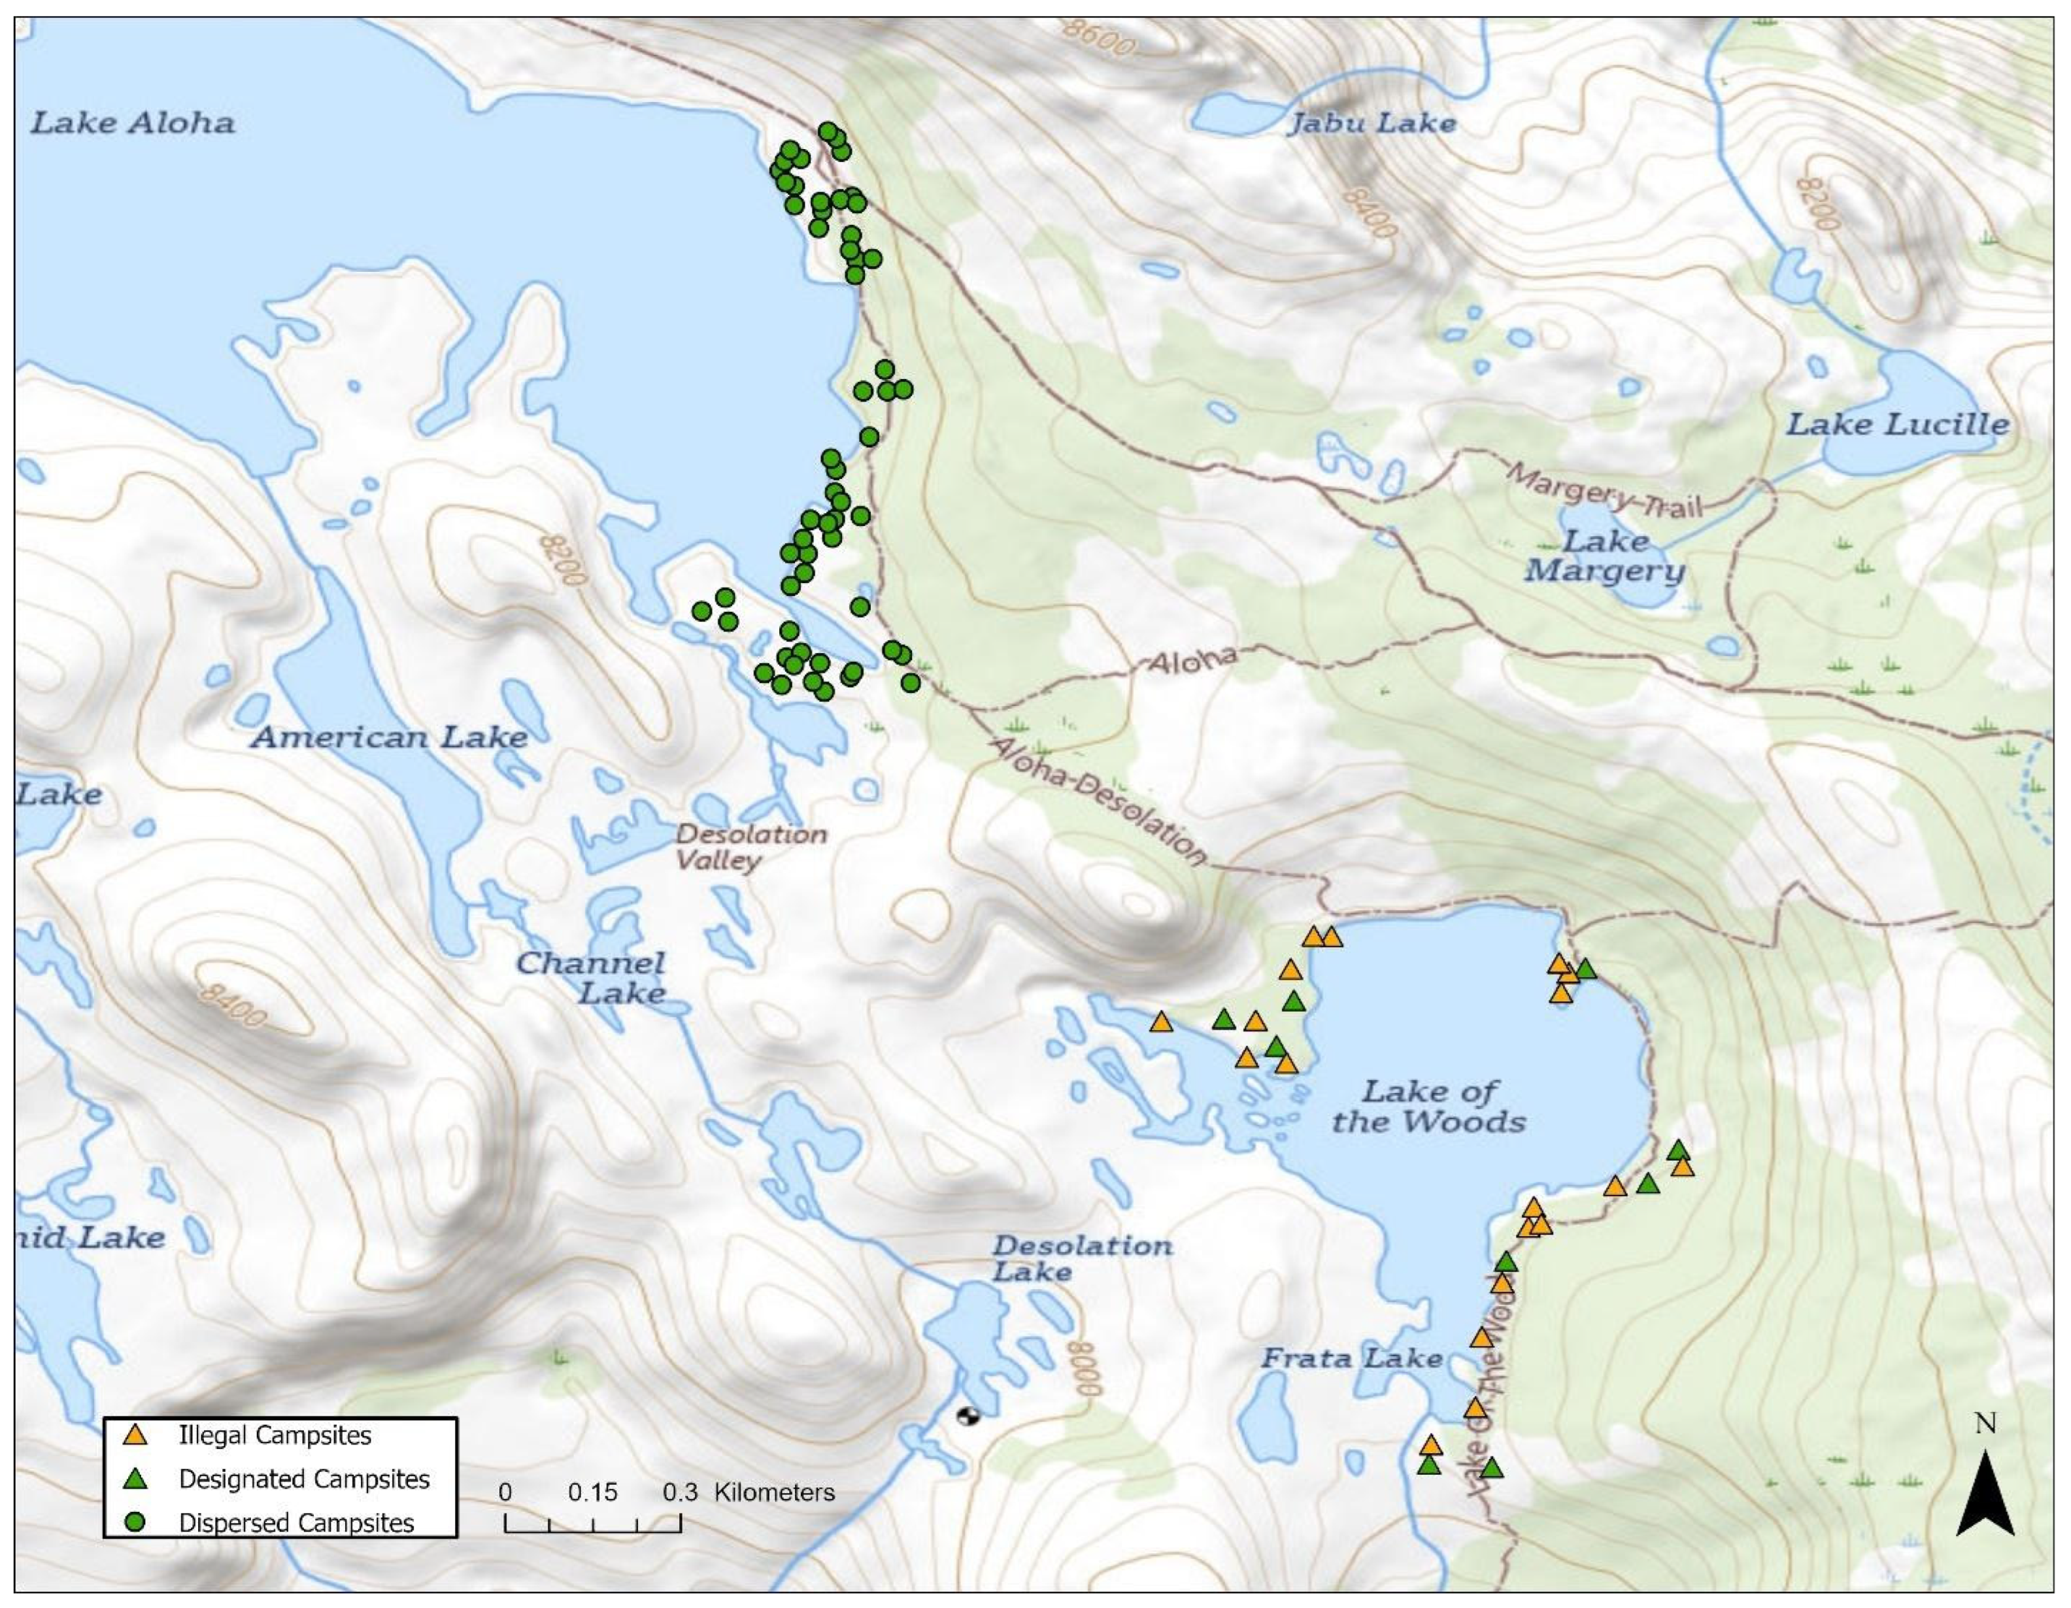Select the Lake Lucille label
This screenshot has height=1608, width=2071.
1898,424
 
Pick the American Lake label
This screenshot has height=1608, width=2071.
389,737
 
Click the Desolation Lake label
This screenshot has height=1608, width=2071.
1081,1258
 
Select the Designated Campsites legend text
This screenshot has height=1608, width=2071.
303,1479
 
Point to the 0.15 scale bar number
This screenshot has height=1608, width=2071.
593,1492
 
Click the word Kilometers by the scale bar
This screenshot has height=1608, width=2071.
774,1492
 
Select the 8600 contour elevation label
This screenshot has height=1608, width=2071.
1097,38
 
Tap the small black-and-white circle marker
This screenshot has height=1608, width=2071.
968,1416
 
